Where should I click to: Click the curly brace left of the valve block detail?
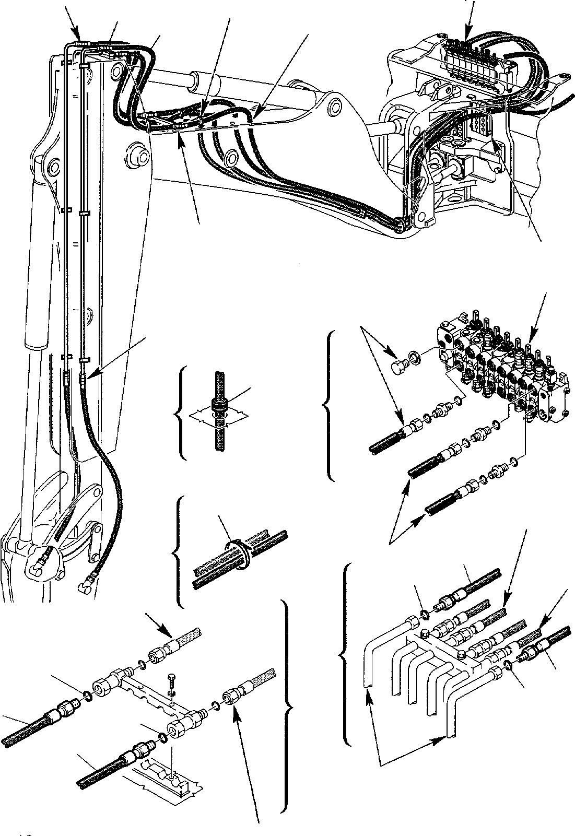[328, 405]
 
